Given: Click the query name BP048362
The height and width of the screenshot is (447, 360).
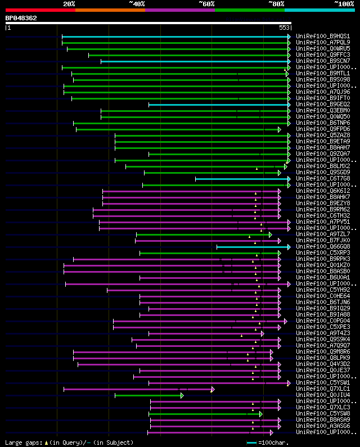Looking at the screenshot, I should pos(21,18).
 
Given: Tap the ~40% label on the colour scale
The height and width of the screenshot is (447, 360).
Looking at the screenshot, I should pos(137,3).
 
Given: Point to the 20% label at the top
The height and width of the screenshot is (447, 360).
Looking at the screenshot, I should pos(69,3).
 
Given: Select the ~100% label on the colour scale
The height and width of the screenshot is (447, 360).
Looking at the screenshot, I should pos(344,3).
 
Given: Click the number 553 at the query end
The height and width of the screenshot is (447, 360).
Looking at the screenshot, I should pos(284,27).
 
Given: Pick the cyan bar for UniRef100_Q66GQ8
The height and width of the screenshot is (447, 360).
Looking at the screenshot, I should pos(253,247).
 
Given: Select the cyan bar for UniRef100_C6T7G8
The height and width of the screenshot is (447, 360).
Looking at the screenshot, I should pos(242,179).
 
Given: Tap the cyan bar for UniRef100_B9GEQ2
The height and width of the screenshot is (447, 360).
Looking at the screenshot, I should pos(219,105).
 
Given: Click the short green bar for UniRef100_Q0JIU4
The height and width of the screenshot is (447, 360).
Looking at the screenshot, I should pos(148,395).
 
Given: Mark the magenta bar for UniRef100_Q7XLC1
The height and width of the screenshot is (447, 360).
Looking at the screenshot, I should pos(138,389).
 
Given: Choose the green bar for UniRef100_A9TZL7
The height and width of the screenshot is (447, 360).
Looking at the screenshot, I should pos(202,234).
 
